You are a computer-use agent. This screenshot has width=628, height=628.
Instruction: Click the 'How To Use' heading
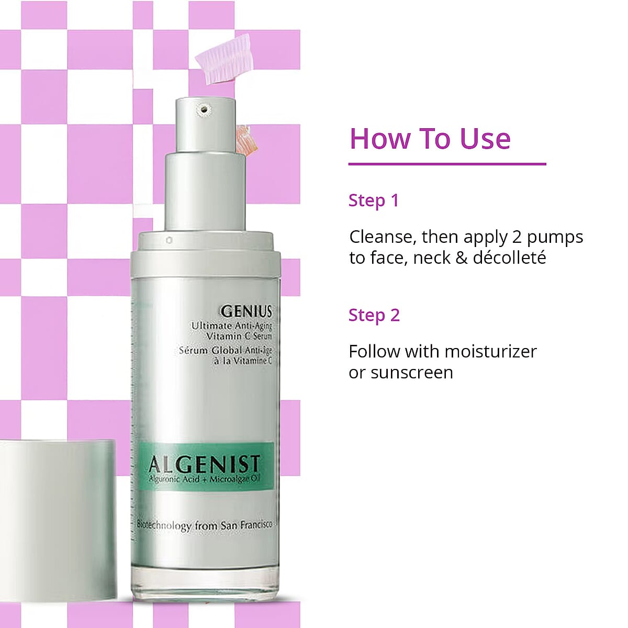(430, 139)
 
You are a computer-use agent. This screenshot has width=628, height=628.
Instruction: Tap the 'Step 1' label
(374, 200)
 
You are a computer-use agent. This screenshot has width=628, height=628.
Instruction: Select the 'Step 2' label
(374, 316)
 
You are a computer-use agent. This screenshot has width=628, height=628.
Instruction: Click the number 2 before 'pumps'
(517, 237)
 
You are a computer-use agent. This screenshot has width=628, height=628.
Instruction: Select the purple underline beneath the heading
(447, 164)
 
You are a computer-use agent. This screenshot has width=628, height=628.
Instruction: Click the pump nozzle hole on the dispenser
(204, 109)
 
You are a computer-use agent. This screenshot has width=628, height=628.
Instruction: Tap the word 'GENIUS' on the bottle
(246, 311)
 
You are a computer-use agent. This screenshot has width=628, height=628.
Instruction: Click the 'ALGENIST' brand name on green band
(204, 464)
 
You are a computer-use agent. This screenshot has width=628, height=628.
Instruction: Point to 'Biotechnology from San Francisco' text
(205, 525)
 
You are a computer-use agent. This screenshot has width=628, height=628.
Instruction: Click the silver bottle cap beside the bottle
(58, 518)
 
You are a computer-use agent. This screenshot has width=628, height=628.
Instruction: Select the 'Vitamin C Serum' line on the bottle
(239, 336)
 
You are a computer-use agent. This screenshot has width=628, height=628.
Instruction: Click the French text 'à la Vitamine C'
(242, 361)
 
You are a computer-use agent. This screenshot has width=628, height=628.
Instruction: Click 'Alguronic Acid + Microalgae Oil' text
(204, 479)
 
